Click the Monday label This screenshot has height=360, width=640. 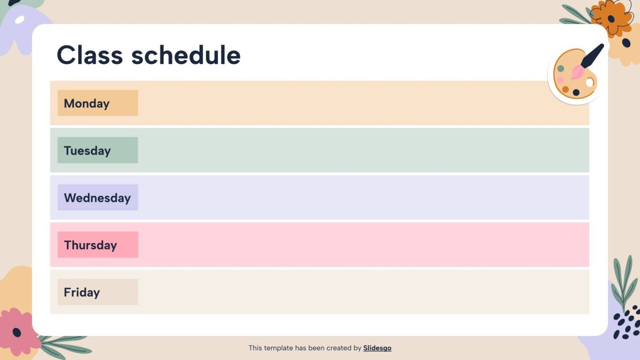click(87, 103)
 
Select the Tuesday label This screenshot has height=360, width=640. click(87, 151)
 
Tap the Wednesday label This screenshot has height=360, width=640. click(97, 198)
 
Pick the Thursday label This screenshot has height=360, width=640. click(90, 245)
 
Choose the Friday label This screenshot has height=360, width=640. click(82, 293)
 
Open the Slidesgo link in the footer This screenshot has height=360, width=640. click(377, 348)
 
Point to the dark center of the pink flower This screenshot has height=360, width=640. click(17, 332)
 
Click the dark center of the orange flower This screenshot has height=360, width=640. click(611, 19)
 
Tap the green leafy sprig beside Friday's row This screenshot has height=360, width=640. click(623, 282)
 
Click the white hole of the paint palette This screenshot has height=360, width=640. click(589, 82)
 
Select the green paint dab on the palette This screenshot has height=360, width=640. click(561, 69)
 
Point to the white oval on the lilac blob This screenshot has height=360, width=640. click(20, 20)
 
